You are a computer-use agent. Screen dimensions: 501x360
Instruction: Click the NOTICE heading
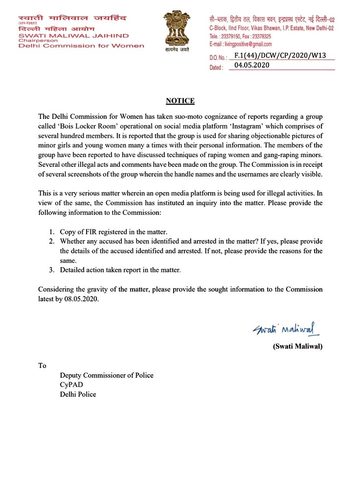click(180, 101)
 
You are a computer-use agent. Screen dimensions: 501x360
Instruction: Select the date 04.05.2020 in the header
click(252, 65)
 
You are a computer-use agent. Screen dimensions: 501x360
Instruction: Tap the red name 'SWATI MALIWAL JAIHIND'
click(74, 36)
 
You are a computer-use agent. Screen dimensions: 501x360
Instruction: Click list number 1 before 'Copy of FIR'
click(51, 232)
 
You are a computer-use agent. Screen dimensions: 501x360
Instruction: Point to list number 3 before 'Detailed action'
click(51, 270)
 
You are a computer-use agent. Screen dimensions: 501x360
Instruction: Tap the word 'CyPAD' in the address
click(71, 385)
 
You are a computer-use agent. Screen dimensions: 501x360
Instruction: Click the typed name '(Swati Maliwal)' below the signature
click(297, 347)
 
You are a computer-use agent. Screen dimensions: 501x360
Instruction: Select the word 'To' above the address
click(43, 365)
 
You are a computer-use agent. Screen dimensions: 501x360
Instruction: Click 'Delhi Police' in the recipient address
click(78, 394)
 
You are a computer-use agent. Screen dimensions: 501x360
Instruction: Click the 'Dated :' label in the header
click(217, 68)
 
